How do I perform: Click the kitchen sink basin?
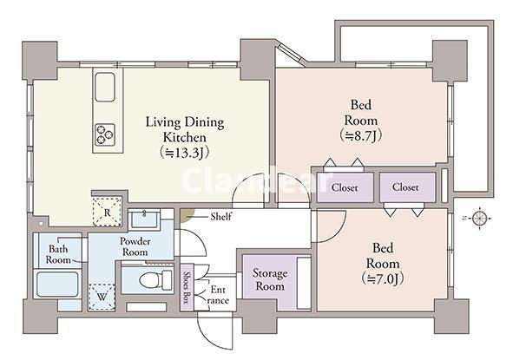pos(105,87)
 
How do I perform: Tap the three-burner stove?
pos(105,134)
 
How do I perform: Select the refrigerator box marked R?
pos(108,213)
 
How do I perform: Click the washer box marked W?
pos(102,297)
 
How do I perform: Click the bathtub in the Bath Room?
pos(57,285)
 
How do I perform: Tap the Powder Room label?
pos(135,246)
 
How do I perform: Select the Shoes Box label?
pos(187,288)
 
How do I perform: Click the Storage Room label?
pos(270,279)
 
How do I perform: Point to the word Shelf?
pos(221,216)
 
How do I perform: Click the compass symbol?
pos(480,218)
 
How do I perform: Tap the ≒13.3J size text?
pos(185,153)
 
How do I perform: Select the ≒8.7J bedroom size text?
pos(361,135)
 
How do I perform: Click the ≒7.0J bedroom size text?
pos(383,278)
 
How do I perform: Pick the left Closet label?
pos(345,187)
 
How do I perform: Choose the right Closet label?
pos(405,187)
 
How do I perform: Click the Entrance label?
pos(218,295)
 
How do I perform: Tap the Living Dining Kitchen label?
pos(185,129)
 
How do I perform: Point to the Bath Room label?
pos(58,254)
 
